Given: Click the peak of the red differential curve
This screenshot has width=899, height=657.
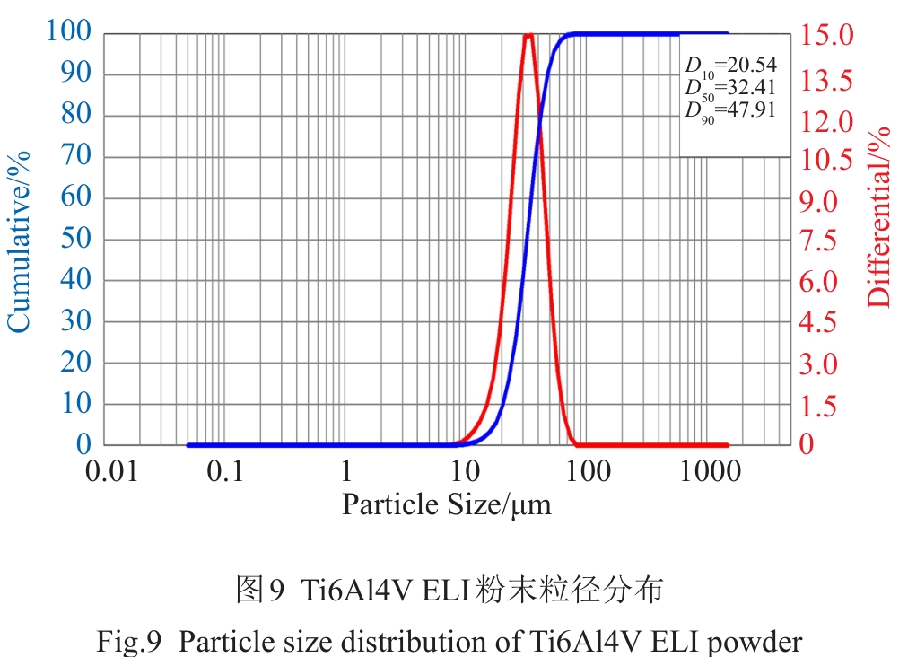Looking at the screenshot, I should point(528,36).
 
